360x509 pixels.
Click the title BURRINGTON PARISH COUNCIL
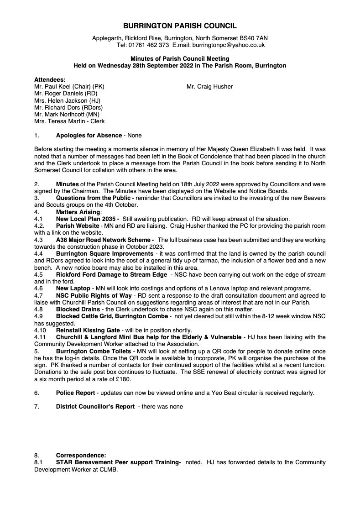(x=180, y=26)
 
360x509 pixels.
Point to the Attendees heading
(x=50, y=79)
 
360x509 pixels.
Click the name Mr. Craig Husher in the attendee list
(x=209, y=86)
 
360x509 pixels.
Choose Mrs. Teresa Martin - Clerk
(x=69, y=121)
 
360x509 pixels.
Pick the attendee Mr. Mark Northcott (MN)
(x=67, y=115)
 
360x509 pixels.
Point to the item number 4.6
(x=38, y=288)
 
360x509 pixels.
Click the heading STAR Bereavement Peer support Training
(x=118, y=462)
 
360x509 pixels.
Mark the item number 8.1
(x=38, y=462)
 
